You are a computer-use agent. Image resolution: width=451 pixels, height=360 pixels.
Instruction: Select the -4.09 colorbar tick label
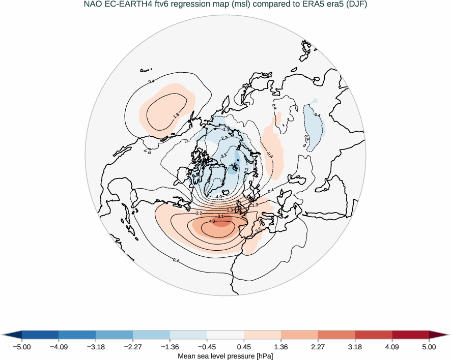59,347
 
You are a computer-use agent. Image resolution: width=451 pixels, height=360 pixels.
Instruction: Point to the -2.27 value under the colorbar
133,347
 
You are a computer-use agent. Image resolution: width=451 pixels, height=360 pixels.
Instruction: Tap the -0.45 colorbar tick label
207,347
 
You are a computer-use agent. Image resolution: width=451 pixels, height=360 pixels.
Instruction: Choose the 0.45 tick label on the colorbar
244,347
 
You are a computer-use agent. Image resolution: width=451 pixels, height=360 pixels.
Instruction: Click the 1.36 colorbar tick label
281,347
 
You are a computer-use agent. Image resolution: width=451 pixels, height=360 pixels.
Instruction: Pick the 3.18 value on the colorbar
355,347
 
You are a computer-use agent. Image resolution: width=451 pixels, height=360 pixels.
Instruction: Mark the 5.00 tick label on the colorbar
429,347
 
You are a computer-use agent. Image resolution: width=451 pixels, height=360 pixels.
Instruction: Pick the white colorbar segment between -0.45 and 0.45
225,335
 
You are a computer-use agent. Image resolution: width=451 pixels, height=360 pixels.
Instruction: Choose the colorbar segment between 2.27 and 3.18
336,335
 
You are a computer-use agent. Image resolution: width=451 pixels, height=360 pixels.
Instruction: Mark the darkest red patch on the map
220,220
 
